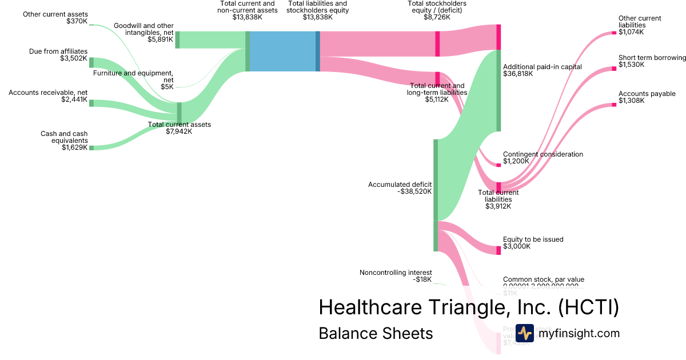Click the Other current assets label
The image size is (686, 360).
click(55, 18)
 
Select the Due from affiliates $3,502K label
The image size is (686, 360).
click(58, 55)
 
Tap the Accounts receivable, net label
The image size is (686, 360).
click(48, 96)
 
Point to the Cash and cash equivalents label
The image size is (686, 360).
click(64, 141)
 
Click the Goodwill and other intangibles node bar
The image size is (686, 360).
click(177, 39)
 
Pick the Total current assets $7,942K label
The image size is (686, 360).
click(180, 128)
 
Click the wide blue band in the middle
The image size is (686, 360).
click(282, 51)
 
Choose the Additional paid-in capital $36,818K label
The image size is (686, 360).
click(542, 70)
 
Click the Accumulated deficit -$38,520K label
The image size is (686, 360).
click(400, 188)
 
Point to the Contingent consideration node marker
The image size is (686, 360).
click(498, 165)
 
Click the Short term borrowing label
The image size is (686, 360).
click(652, 61)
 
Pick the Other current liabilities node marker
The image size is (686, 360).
click(614, 33)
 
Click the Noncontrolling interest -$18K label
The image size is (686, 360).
click(396, 276)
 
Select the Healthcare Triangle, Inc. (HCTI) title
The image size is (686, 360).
click(469, 307)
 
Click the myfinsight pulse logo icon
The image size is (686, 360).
click(524, 333)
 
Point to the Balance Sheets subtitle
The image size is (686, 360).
click(376, 333)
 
